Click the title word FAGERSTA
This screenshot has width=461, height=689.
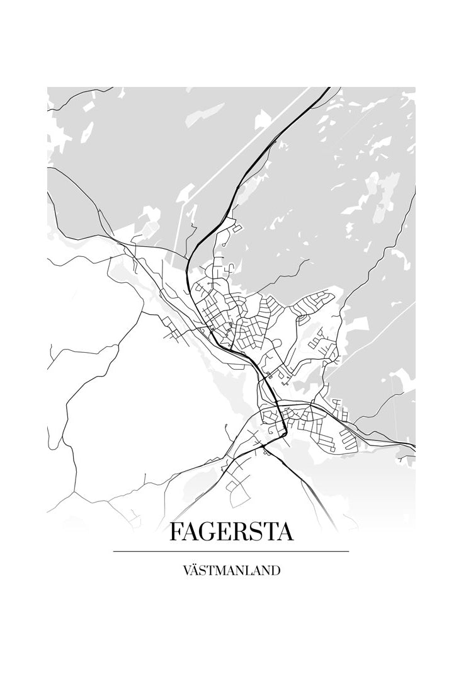click(x=231, y=532)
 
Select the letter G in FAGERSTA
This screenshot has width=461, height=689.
click(x=213, y=532)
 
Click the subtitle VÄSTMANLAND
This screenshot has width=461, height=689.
click(x=231, y=571)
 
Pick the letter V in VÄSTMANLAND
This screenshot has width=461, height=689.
click(x=187, y=571)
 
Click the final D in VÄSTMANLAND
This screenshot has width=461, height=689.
click(x=275, y=571)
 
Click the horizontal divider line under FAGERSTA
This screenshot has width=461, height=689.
click(x=231, y=552)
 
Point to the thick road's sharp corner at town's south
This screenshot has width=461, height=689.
click(x=285, y=434)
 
